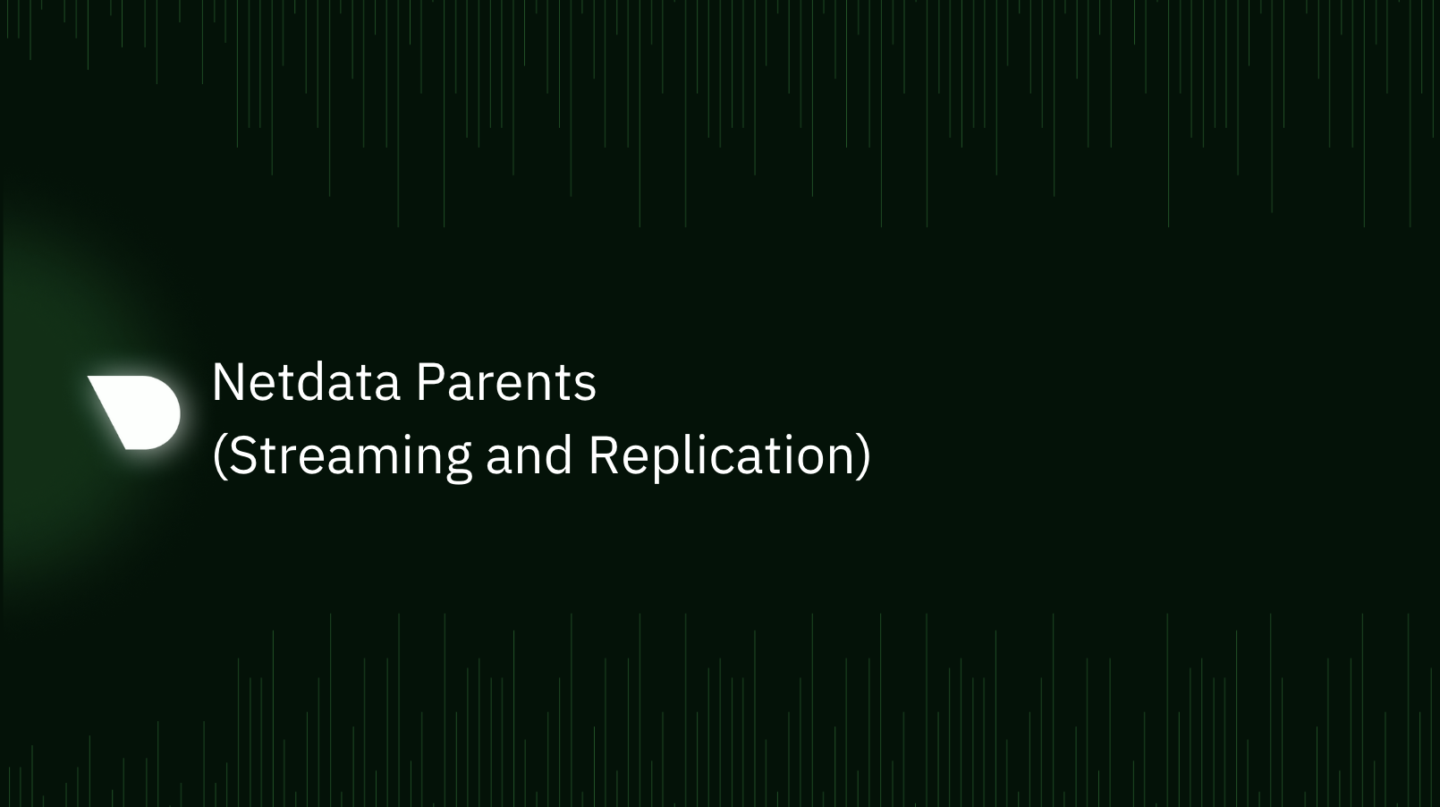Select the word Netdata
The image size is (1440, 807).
pos(305,383)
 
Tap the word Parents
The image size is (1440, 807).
pos(505,383)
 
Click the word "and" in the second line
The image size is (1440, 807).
pos(529,455)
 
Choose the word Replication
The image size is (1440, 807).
pos(722,455)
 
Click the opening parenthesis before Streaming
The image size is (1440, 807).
pos(219,455)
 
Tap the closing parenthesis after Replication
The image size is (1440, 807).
pos(863,455)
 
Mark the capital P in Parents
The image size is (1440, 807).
pos(429,383)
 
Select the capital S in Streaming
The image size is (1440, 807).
pos(244,455)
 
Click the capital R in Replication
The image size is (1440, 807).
pos(604,455)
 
